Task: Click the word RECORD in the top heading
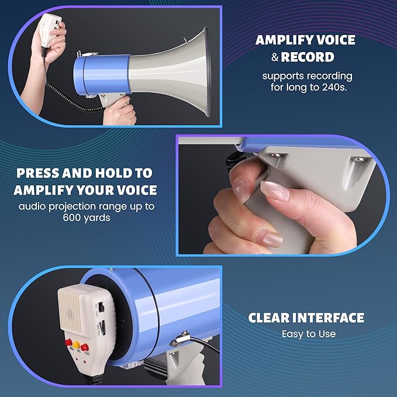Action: pos(308,57)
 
